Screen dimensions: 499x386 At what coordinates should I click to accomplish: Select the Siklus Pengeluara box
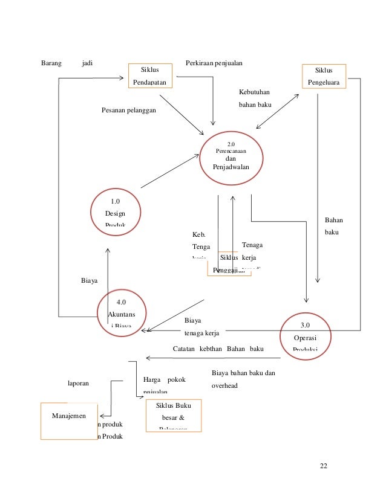pyautogui.click(x=324, y=77)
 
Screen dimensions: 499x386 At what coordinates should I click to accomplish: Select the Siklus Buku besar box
pyautogui.click(x=174, y=416)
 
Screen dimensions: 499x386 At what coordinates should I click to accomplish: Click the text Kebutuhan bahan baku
pyautogui.click(x=255, y=98)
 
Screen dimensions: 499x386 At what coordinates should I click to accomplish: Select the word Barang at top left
pyautogui.click(x=51, y=62)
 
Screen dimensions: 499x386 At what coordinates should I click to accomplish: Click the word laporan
pyautogui.click(x=79, y=382)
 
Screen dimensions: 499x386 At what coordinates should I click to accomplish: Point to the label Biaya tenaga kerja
pyautogui.click(x=201, y=326)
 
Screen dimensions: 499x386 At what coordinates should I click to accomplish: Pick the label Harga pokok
pyautogui.click(x=164, y=380)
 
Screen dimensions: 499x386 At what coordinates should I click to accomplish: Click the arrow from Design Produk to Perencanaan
pyautogui.click(x=169, y=171)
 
